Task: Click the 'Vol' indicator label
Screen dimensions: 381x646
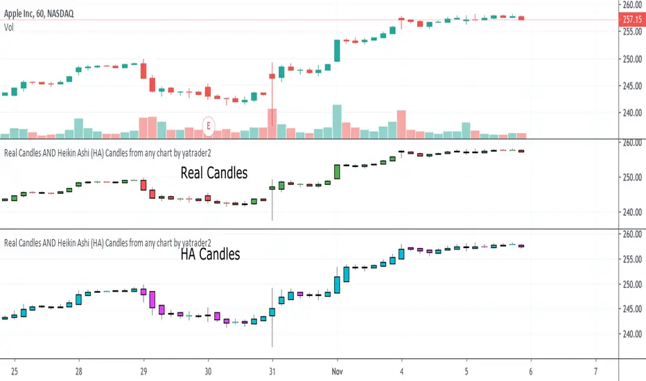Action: click(10, 28)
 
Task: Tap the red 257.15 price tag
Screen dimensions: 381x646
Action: click(631, 19)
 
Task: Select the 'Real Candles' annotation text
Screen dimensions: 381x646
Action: click(213, 172)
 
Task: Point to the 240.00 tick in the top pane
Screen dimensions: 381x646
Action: click(631, 113)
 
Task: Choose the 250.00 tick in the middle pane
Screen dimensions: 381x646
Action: click(631, 177)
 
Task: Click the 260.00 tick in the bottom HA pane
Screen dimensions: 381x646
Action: click(631, 235)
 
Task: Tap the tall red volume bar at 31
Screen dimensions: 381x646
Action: click(272, 123)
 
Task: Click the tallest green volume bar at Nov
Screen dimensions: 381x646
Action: click(337, 121)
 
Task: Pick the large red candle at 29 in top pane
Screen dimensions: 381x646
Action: click(143, 70)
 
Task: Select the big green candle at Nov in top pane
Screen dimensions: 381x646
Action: click(337, 51)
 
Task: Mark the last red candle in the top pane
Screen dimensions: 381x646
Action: click(521, 17)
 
